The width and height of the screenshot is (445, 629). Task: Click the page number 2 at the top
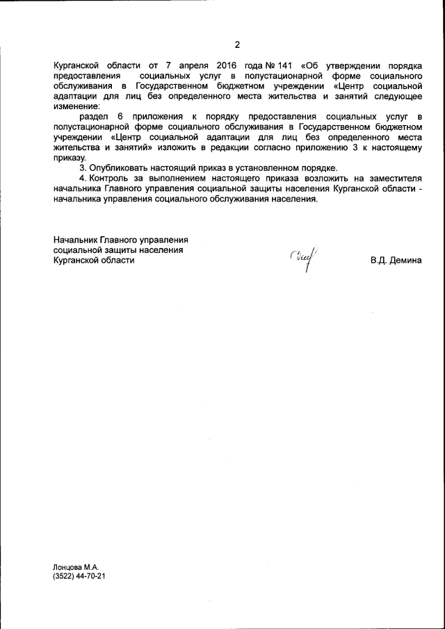point(236,45)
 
